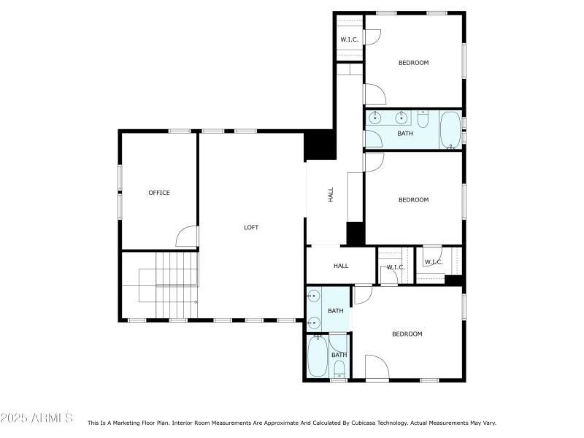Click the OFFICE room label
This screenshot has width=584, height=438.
click(159, 193)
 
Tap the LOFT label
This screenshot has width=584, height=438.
click(251, 228)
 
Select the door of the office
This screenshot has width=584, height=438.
click(187, 237)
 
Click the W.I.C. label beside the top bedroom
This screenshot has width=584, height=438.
click(348, 39)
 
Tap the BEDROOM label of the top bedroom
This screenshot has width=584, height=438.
click(413, 63)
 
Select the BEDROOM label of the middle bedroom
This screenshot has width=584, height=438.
click(413, 200)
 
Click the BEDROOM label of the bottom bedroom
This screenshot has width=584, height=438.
click(407, 334)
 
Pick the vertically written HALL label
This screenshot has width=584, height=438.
click(331, 195)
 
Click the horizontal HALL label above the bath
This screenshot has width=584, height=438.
click(341, 266)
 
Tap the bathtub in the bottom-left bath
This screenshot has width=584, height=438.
click(318, 356)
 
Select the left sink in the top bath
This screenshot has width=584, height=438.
click(377, 118)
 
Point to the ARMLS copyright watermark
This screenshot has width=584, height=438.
click(36, 418)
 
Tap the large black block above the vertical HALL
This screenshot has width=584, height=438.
click(319, 145)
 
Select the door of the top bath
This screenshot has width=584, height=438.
click(374, 139)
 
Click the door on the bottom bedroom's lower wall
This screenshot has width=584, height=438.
click(377, 367)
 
